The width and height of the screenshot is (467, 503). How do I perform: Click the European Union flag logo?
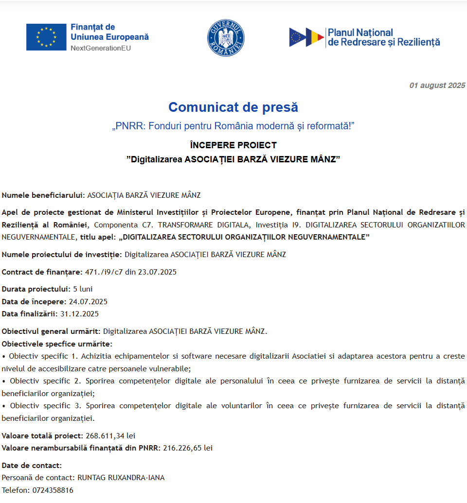click(46, 37)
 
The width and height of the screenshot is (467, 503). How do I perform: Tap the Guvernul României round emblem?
click(226, 37)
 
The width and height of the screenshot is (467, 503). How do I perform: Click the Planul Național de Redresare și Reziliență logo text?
click(384, 37)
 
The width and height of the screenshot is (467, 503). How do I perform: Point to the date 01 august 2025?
click(437, 86)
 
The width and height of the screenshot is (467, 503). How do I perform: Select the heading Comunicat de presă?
click(233, 107)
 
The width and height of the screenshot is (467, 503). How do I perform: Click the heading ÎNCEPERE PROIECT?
click(233, 145)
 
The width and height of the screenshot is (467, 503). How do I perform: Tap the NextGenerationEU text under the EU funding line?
click(101, 48)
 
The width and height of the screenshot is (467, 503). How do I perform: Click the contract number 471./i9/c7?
click(104, 272)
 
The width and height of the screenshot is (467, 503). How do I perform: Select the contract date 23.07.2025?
click(157, 272)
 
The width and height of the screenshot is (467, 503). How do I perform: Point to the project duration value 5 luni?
click(83, 289)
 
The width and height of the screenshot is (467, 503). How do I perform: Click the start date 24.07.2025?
click(88, 301)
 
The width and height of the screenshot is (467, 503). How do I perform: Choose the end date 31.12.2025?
click(79, 314)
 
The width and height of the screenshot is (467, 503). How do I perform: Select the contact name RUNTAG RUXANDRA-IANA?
click(121, 478)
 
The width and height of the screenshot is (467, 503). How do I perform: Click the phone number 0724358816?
click(53, 490)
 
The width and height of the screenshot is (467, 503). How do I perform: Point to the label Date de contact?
click(32, 465)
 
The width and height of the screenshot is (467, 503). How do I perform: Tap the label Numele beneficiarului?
click(43, 195)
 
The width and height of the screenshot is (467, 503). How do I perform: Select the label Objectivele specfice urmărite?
click(56, 344)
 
